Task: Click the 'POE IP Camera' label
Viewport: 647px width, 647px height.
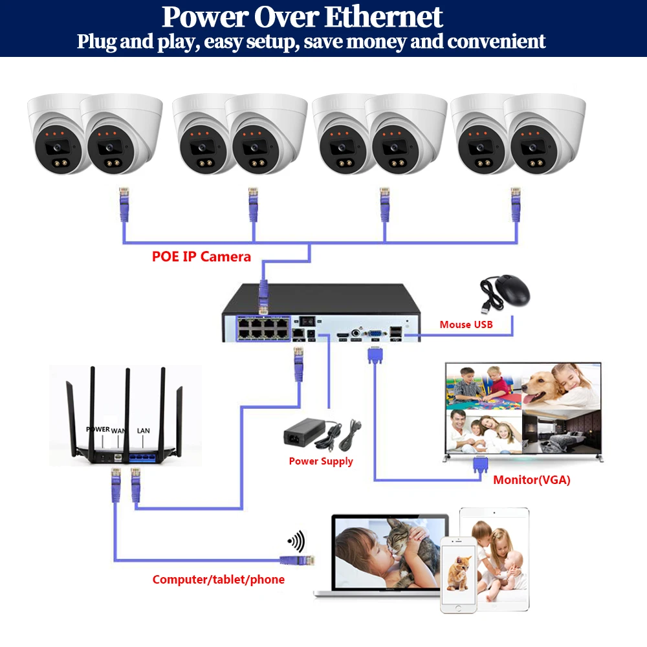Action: coord(201,256)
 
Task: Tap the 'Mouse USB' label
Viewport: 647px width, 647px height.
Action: coord(466,324)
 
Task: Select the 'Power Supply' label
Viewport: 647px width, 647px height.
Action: coord(321,461)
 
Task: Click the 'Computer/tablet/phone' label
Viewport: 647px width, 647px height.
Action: coord(218,580)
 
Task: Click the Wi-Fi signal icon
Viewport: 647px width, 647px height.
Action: coord(296,541)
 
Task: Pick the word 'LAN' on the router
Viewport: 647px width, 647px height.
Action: coord(143,430)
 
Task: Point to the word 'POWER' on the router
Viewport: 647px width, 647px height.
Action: coord(98,429)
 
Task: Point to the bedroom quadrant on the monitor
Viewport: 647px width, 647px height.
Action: coord(560,432)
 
